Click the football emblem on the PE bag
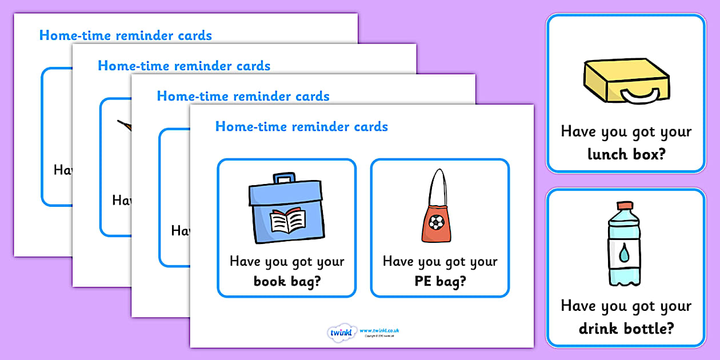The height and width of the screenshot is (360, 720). [x=437, y=222]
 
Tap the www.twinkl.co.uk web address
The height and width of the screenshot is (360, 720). [x=379, y=330]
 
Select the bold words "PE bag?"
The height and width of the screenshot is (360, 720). [x=440, y=281]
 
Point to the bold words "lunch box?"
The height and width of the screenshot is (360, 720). [x=626, y=154]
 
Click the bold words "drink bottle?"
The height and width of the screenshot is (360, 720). [x=626, y=329]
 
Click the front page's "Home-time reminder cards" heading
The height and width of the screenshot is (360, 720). [x=302, y=126]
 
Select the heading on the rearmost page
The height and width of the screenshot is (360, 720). [x=126, y=35]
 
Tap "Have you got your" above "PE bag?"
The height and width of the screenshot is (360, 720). [x=440, y=262]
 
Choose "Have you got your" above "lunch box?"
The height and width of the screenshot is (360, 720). [x=626, y=132]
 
